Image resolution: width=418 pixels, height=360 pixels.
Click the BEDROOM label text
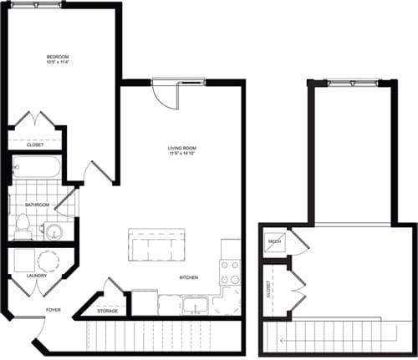pyautogui.click(x=57, y=56)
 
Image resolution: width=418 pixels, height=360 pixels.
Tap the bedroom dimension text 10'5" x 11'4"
pyautogui.click(x=57, y=62)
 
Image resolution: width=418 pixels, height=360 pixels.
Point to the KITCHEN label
pyautogui.click(x=189, y=277)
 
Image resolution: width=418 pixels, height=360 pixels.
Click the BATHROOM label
pyautogui.click(x=37, y=205)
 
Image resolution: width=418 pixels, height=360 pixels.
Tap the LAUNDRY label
pyautogui.click(x=36, y=274)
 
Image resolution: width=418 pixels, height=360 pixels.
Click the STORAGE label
pyautogui.click(x=107, y=311)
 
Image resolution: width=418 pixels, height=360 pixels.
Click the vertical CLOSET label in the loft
pyautogui.click(x=268, y=289)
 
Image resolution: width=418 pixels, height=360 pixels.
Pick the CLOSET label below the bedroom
pyautogui.click(x=35, y=144)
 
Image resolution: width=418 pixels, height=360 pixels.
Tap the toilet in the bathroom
pyautogui.click(x=23, y=224)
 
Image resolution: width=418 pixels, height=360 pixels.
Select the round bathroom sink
pyautogui.click(x=54, y=230)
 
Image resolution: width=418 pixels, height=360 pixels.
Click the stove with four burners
pyautogui.click(x=229, y=272)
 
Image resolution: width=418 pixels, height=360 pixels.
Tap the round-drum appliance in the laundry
pyautogui.click(x=49, y=260)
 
